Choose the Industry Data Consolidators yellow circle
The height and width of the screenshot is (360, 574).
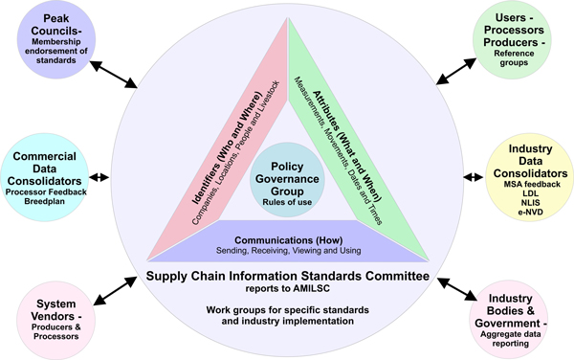click(x=524, y=178)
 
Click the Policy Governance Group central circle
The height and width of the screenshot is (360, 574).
click(x=287, y=173)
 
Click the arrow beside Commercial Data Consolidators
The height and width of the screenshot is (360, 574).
click(x=99, y=178)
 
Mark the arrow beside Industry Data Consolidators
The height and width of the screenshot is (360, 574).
click(x=475, y=178)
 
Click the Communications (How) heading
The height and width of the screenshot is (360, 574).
click(x=286, y=240)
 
